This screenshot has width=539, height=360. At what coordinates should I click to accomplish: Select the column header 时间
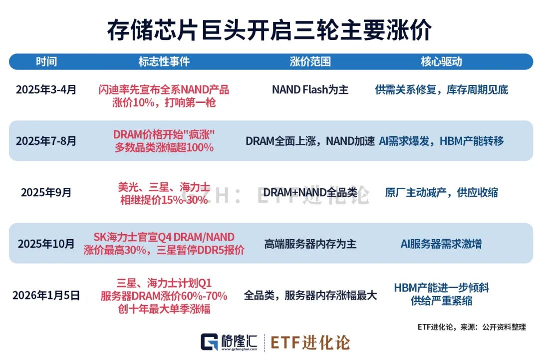(x=46, y=61)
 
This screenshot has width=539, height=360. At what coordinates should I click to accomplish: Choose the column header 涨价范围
(x=310, y=61)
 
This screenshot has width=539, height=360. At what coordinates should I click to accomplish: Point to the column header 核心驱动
(x=441, y=61)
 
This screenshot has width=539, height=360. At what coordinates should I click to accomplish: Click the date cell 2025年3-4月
(x=46, y=90)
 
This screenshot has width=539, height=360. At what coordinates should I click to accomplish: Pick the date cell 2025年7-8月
(x=46, y=141)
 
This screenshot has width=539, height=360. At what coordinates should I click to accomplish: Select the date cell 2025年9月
(x=46, y=192)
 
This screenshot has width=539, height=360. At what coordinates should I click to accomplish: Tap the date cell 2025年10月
(x=46, y=244)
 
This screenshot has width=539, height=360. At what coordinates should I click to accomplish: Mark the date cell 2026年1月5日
(x=46, y=295)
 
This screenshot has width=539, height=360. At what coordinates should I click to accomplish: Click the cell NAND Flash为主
(x=310, y=90)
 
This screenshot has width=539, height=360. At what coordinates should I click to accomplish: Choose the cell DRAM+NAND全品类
(x=310, y=192)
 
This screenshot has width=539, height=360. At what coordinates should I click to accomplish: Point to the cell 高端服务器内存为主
(x=310, y=244)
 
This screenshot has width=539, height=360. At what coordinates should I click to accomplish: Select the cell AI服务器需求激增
(x=441, y=244)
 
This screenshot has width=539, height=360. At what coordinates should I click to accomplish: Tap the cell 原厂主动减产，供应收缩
(x=441, y=192)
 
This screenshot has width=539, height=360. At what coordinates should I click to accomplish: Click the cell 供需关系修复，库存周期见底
(x=441, y=90)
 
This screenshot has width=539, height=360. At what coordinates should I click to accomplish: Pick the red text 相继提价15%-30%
(x=164, y=199)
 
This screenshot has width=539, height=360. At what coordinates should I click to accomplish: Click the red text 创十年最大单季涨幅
(x=164, y=309)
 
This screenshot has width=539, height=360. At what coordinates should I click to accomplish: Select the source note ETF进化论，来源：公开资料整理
(x=472, y=327)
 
